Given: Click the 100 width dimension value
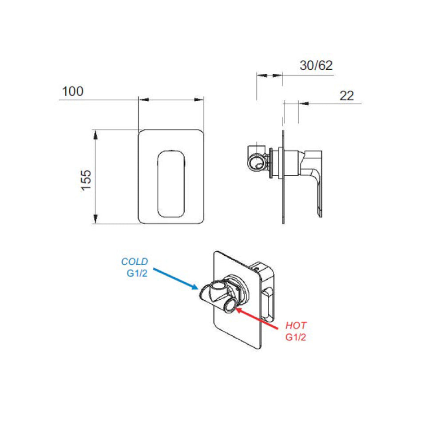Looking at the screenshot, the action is pos(73,91).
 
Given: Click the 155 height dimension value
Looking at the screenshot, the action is pos(86,180).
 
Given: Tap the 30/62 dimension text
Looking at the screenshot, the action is pos(316,65).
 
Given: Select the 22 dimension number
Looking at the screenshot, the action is pos(347,96).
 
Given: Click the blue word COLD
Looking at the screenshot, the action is pos(135,262).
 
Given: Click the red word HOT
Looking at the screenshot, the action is pos(296,325).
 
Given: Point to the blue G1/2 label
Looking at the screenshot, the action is pos(137,273).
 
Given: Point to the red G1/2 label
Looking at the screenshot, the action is pos(296,337).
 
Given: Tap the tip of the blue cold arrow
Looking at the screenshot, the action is pos(198,289).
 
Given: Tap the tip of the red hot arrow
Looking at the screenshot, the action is pos(236,309).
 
